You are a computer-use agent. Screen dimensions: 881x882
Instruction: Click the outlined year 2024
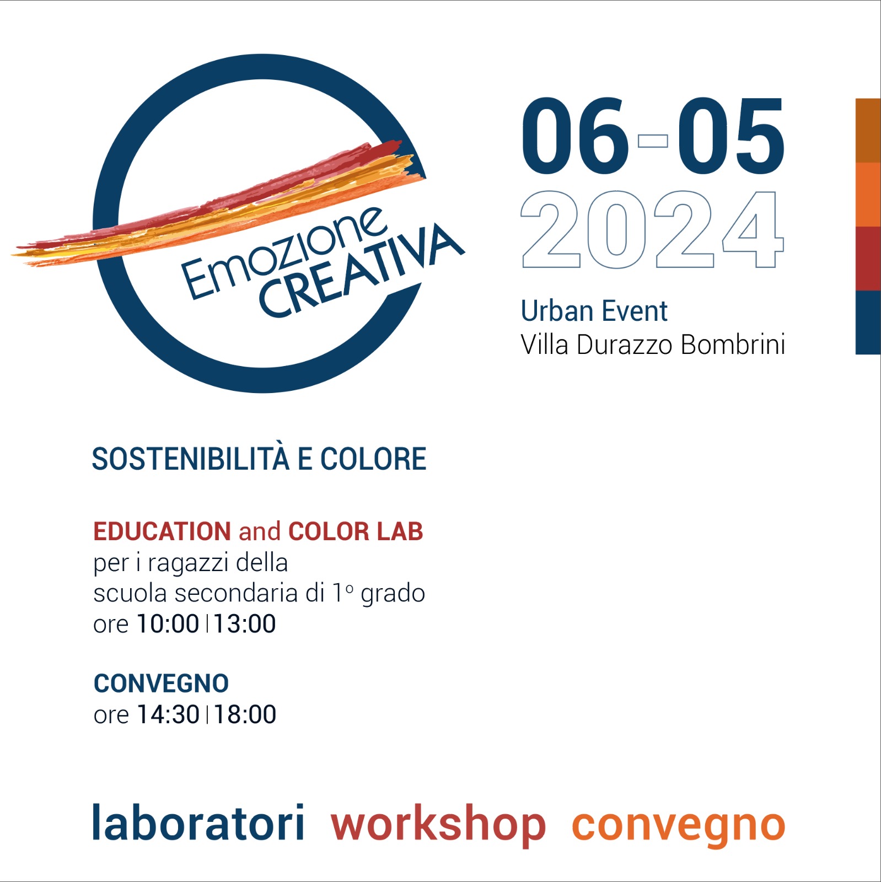point(652,229)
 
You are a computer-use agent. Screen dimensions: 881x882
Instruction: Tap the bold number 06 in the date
point(576,136)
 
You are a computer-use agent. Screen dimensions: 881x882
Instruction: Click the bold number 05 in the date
point(731,136)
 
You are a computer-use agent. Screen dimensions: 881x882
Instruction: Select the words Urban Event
point(594,311)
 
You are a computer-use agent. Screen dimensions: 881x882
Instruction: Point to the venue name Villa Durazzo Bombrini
point(653,345)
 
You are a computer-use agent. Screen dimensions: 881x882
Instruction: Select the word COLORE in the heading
point(373,459)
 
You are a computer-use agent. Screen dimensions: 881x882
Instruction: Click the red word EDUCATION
point(162,531)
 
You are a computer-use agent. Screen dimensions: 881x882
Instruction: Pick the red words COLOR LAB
point(356,531)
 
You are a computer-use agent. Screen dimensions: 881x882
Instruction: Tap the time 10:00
point(168,624)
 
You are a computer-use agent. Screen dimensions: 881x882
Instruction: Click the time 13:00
point(245,624)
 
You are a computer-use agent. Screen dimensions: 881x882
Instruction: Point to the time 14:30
point(168,714)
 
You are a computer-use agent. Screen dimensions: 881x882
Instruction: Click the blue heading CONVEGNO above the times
point(161,684)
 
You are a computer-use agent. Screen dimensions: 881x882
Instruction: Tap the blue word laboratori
point(198,822)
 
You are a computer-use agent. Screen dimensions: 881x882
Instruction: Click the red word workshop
point(438,825)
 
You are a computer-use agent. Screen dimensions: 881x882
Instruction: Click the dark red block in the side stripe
point(868,258)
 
